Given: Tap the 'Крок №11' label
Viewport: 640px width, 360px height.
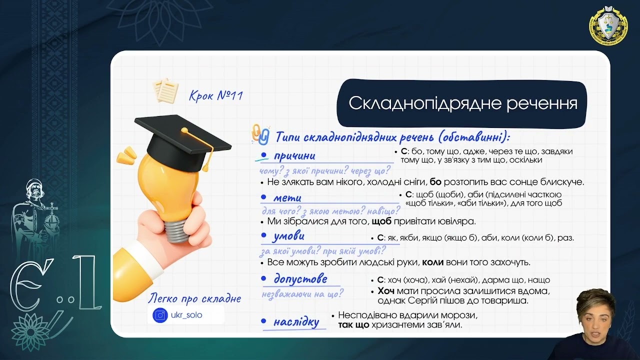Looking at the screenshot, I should (x=216, y=95).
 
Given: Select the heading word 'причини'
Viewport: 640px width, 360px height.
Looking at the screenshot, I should (x=294, y=155).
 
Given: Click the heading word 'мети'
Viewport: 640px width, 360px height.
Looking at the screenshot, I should (x=287, y=197).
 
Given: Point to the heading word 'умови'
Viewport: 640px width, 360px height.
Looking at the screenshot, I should (x=289, y=236).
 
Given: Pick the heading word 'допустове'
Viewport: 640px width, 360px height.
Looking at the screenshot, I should (x=300, y=278).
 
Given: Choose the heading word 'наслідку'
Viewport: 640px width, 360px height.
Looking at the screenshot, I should (x=296, y=322).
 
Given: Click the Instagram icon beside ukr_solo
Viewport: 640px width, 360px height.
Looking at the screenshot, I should (x=160, y=315).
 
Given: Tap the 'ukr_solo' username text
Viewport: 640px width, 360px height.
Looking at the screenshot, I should (x=187, y=315).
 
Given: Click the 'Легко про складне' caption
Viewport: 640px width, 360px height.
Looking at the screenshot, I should (x=194, y=299).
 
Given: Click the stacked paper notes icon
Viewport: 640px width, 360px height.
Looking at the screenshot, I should (x=166, y=90).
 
